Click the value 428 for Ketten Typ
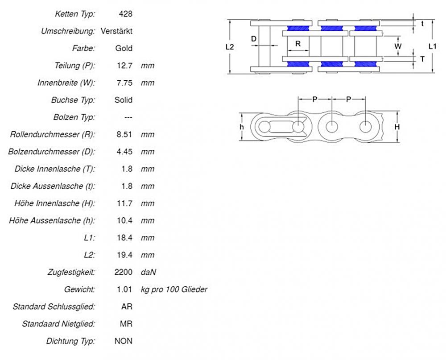[x=126, y=14]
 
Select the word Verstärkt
[x=116, y=31]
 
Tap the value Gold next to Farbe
[x=124, y=48]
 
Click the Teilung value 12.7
[x=124, y=66]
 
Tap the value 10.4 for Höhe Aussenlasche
[x=124, y=220]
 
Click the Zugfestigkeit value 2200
[x=124, y=272]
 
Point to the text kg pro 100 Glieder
[x=174, y=290]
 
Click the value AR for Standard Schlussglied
[x=127, y=306]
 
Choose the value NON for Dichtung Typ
[x=124, y=341]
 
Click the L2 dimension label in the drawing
[x=230, y=46]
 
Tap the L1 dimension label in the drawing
[x=432, y=46]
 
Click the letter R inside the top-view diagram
[x=298, y=44]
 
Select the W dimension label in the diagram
[x=398, y=46]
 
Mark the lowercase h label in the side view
[x=241, y=127]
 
